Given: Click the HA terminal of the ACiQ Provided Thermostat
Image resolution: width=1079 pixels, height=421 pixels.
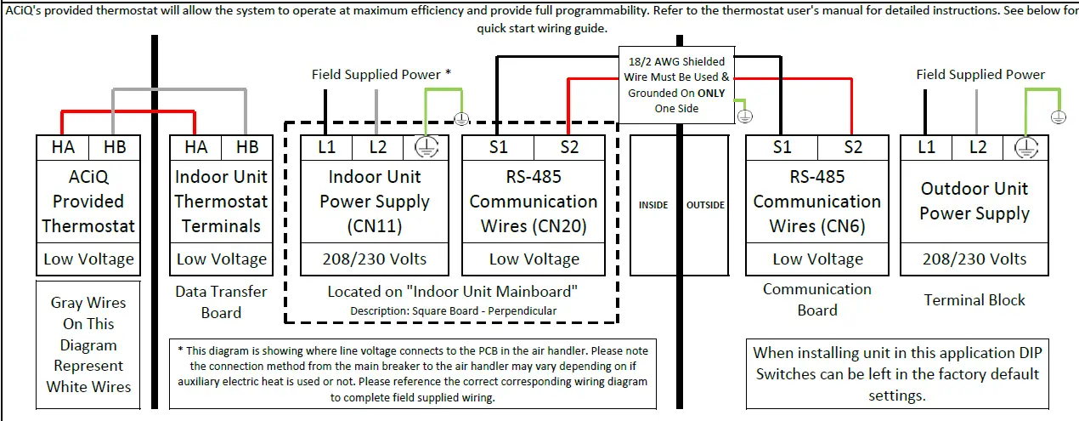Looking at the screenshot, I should [63, 147].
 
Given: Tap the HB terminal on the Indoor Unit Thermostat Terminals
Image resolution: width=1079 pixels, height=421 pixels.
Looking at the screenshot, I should [247, 147].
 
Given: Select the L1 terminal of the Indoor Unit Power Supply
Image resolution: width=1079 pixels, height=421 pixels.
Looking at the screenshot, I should [327, 147].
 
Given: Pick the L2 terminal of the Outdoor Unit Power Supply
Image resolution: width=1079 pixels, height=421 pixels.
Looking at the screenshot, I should [978, 147].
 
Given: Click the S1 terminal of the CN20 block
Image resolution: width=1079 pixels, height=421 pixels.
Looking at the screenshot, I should [499, 147].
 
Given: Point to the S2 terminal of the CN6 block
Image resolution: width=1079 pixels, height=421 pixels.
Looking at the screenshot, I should [853, 147].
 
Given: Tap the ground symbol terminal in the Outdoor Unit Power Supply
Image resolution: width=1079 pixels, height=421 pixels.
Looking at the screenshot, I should [1026, 147].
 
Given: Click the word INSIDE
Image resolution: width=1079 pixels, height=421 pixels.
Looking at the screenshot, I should [653, 205].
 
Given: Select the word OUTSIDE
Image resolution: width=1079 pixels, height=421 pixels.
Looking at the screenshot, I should [705, 205].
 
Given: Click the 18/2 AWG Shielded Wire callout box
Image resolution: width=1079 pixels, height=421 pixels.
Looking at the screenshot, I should [676, 84].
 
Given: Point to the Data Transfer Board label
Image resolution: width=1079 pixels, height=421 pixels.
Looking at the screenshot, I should [221, 302].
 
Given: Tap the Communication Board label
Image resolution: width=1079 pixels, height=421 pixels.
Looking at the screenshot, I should [816, 299].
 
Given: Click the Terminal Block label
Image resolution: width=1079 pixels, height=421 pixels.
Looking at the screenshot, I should [974, 299].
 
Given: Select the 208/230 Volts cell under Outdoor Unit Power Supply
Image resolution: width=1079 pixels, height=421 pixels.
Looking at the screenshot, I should [974, 259].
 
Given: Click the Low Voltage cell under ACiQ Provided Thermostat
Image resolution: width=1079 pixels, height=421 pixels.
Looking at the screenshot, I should [88, 259].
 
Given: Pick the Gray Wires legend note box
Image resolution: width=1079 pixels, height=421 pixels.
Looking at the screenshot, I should [88, 344].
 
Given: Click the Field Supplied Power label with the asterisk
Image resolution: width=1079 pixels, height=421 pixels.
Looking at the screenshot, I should [381, 75].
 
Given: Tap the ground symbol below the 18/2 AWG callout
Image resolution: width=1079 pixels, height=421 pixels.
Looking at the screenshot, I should [744, 115].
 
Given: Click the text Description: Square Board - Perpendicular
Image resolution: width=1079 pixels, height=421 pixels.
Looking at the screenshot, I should [453, 310].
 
